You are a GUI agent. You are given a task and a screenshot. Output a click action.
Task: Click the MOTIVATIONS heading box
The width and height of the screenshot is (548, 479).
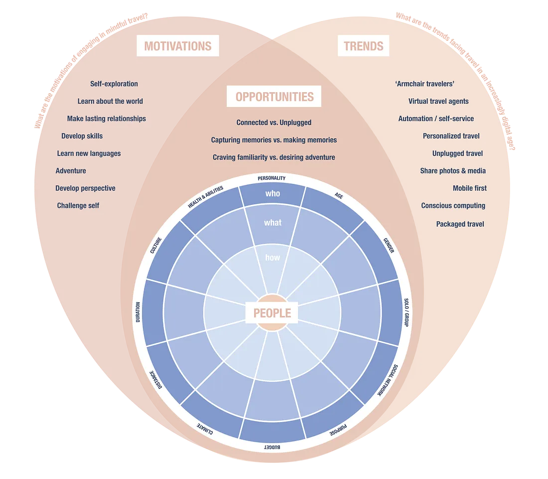178,46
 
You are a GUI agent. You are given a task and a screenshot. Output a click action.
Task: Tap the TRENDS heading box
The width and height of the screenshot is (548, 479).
364,46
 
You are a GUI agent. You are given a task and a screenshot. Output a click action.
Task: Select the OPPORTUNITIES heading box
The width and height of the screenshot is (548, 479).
274,97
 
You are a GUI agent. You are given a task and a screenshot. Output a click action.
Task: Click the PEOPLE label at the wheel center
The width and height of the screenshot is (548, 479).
272,313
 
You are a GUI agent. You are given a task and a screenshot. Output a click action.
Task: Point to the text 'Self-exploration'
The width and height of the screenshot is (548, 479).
114,84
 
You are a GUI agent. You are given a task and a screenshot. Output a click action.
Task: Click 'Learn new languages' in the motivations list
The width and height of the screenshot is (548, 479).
89,154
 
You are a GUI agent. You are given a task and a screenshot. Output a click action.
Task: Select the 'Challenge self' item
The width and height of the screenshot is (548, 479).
78,205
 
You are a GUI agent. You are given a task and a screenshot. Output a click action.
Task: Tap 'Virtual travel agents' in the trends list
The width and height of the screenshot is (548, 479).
438,101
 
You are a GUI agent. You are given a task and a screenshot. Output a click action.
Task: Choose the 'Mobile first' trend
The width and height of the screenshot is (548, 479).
469,188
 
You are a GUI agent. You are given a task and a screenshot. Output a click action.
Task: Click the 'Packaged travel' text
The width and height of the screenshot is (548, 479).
460,224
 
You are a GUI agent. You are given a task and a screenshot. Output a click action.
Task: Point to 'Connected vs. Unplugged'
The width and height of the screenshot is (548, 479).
274,123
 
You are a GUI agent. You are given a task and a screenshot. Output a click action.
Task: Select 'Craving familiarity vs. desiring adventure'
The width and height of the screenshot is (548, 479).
274,158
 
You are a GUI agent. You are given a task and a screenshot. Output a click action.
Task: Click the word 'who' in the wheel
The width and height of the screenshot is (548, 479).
273,193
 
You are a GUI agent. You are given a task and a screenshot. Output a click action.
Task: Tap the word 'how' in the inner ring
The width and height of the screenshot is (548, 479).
273,258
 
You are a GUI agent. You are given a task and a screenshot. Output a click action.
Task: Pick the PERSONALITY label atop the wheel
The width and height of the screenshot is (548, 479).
272,178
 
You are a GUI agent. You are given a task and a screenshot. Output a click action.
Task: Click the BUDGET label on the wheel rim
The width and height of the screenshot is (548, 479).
272,448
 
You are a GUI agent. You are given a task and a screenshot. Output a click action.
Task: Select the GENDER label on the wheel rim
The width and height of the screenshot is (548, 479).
389,245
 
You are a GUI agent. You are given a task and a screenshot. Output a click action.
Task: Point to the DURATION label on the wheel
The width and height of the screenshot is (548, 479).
138,312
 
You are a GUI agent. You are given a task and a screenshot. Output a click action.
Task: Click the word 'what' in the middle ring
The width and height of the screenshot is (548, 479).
273,223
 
